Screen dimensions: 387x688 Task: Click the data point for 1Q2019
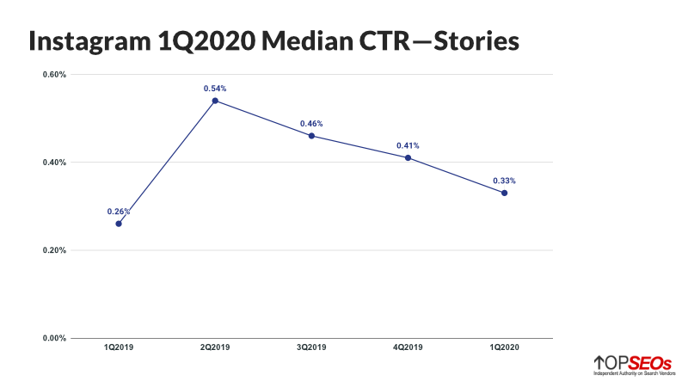[x=119, y=224]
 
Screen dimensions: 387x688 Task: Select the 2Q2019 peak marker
[x=215, y=101]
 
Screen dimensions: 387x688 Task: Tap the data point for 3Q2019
[x=311, y=136]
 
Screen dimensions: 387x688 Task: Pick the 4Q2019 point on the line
[x=408, y=157]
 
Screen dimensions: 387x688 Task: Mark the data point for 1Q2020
[x=504, y=193]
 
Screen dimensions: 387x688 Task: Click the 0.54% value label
[x=215, y=89]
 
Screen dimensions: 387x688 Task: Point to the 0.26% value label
[x=119, y=212]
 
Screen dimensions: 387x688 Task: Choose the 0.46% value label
[x=311, y=124]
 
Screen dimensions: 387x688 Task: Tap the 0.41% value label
[x=408, y=145]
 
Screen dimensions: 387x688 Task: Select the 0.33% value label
[x=504, y=181]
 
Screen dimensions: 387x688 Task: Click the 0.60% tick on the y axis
[x=54, y=74]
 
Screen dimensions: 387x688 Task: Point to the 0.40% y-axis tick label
[x=54, y=163]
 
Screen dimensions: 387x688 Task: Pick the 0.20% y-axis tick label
[x=54, y=250]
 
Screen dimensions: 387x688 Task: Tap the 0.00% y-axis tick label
[x=54, y=338]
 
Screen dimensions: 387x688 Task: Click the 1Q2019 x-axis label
[x=119, y=349]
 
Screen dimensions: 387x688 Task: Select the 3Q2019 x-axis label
[x=311, y=349]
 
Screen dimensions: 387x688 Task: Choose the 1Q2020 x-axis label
[x=504, y=349]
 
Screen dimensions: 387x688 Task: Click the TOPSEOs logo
[x=632, y=365]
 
